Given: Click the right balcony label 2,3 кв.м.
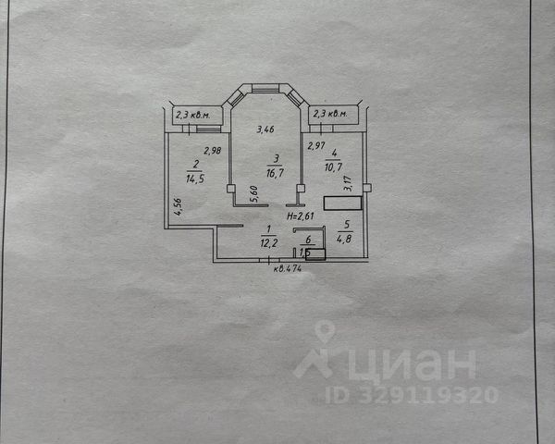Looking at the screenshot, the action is [x=329, y=114].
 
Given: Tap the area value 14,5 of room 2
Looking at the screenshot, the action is [x=195, y=178].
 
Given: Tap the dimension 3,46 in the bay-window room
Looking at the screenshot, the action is [x=265, y=129].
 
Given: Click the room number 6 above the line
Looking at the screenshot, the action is [x=307, y=240].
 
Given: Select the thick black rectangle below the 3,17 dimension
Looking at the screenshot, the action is [x=339, y=203].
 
